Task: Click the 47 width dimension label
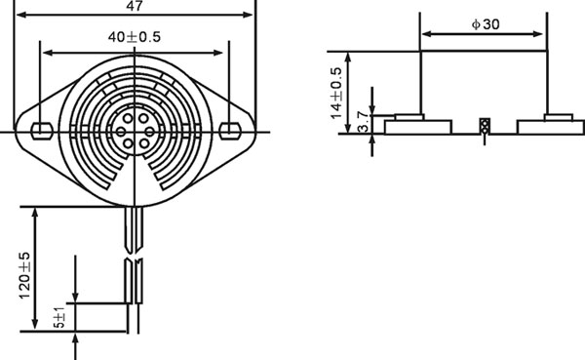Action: pyautogui.click(x=135, y=6)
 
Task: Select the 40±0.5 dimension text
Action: pyautogui.click(x=135, y=37)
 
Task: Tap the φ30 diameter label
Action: pyautogui.click(x=486, y=24)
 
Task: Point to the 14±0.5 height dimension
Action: pyautogui.click(x=336, y=93)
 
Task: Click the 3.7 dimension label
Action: pyautogui.click(x=363, y=123)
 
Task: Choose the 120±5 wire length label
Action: pyautogui.click(x=24, y=275)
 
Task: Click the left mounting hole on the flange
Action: pyautogui.click(x=42, y=131)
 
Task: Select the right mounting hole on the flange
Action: pyautogui.click(x=229, y=131)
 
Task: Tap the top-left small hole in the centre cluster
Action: pyautogui.click(x=128, y=119)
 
